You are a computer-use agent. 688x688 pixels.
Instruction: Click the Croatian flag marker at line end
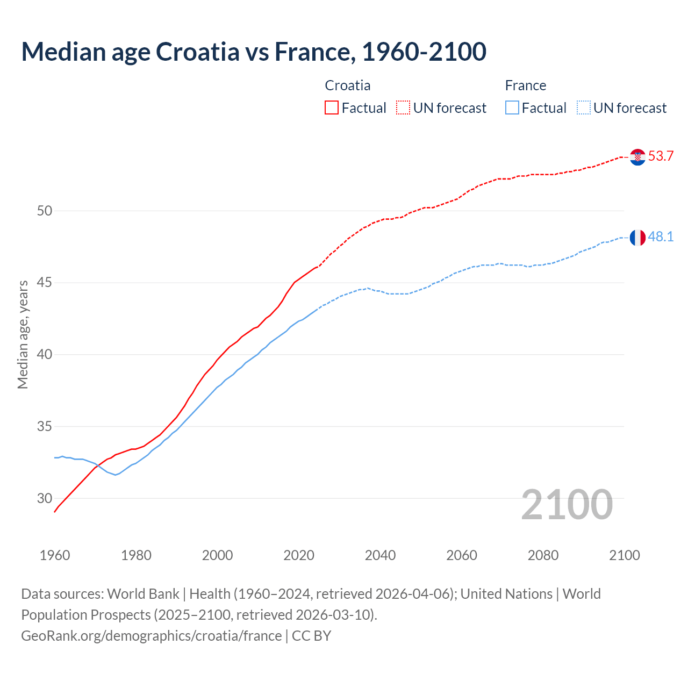[x=637, y=157]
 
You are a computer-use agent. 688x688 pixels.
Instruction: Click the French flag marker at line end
[x=637, y=237]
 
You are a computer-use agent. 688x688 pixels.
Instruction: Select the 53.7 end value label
[x=661, y=156]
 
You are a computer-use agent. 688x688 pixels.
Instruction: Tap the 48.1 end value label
[x=661, y=237]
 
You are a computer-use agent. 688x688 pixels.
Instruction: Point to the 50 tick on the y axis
[x=45, y=211]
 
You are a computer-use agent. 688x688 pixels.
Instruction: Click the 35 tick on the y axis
[x=45, y=427]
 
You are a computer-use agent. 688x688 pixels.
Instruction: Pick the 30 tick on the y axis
[x=45, y=498]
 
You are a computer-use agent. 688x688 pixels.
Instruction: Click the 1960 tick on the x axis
[x=55, y=555]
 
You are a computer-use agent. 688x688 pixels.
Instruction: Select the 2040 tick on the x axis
[x=380, y=555]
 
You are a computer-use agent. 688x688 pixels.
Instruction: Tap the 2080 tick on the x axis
[x=543, y=555]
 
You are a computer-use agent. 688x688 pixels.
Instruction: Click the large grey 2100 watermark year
[x=567, y=504]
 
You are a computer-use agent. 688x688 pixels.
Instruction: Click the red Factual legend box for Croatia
[x=332, y=108]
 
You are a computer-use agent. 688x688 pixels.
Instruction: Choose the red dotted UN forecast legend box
[x=403, y=108]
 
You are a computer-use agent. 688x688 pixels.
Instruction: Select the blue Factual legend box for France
[x=512, y=108]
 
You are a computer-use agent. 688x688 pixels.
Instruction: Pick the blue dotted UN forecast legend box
[x=584, y=108]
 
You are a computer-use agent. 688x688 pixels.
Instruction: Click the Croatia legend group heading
[x=348, y=85]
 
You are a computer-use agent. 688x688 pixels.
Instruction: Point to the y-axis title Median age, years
[x=23, y=334]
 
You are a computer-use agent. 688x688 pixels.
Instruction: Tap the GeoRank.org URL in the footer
[x=151, y=636]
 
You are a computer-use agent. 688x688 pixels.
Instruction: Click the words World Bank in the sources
[x=143, y=594]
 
